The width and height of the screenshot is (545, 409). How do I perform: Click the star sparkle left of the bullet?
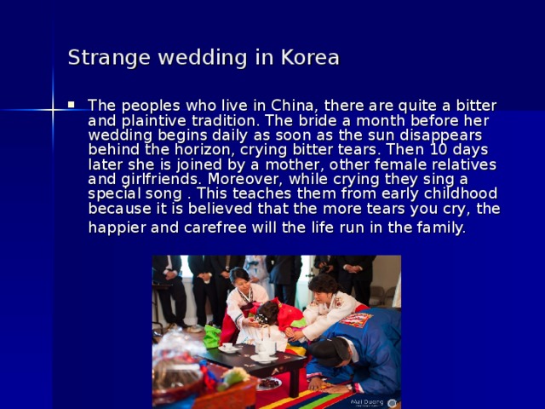(x=53, y=108)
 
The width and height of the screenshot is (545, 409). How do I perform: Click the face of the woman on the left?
(x=240, y=279)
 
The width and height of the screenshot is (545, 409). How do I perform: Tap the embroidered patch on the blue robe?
(x=355, y=320)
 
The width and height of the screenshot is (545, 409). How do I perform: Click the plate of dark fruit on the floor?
(x=269, y=383)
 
